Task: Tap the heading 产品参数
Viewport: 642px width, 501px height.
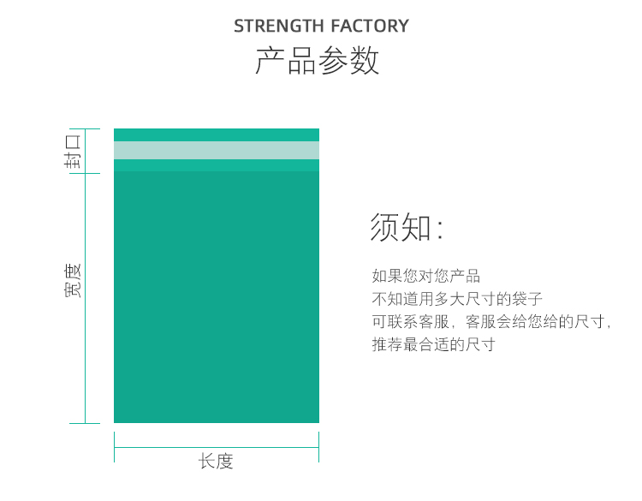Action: [x=318, y=62]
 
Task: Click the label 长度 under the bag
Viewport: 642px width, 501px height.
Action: [x=216, y=461]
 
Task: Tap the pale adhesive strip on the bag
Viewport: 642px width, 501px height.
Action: [x=217, y=150]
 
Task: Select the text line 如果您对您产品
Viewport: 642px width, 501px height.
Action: [x=426, y=276]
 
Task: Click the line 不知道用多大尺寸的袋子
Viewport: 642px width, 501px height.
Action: [x=457, y=299]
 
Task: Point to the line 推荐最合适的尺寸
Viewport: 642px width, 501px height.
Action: [x=433, y=344]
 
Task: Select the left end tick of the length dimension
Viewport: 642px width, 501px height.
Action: [x=115, y=447]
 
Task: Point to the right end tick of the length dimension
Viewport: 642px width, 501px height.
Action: [x=318, y=447]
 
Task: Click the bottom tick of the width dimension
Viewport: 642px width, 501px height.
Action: [x=85, y=423]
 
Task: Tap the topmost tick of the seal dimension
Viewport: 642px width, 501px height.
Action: [x=85, y=129]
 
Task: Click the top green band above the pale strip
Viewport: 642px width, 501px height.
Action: [x=217, y=134]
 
